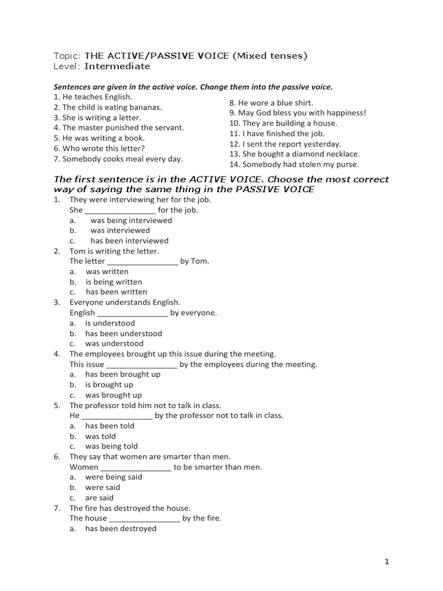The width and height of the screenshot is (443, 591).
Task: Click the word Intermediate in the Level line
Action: pyautogui.click(x=117, y=66)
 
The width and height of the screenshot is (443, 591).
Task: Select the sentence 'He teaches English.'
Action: pyautogui.click(x=93, y=97)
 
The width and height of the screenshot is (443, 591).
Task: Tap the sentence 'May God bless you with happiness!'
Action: pyautogui.click(x=298, y=113)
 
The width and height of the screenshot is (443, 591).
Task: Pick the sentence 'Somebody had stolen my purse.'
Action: pyautogui.click(x=294, y=164)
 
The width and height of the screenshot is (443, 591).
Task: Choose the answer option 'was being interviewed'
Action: pyautogui.click(x=131, y=220)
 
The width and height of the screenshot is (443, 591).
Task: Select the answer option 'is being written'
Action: pyautogui.click(x=114, y=282)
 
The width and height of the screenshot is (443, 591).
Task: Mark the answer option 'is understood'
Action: pyautogui.click(x=110, y=323)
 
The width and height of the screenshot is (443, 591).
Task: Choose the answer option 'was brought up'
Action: pyautogui.click(x=113, y=395)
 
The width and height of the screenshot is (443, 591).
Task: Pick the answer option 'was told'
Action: pyautogui.click(x=100, y=436)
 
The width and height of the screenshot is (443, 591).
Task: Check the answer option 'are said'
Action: pyautogui.click(x=99, y=498)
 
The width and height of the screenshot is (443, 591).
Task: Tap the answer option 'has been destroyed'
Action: pyautogui.click(x=121, y=529)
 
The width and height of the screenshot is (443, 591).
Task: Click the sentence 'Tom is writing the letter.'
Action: pyautogui.click(x=114, y=252)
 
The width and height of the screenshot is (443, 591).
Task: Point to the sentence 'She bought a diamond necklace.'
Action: pyautogui.click(x=294, y=154)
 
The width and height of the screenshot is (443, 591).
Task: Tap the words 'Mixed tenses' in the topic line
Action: pyautogui.click(x=273, y=56)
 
